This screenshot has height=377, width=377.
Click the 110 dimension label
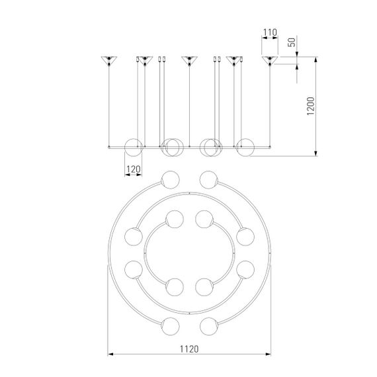click(270, 32)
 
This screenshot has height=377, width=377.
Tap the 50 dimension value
click(292, 42)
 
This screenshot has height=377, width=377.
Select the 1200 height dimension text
click(311, 106)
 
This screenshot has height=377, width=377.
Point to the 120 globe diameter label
click(134, 169)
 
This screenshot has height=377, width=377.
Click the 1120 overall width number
click(189, 349)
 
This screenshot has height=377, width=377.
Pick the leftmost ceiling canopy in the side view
click(109, 61)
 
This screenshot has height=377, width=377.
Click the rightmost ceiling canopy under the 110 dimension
click(270, 61)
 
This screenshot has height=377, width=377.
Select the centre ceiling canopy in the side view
click(189, 61)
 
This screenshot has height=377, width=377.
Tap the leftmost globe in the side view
click(134, 147)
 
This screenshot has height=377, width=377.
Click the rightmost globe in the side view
click(245, 147)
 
